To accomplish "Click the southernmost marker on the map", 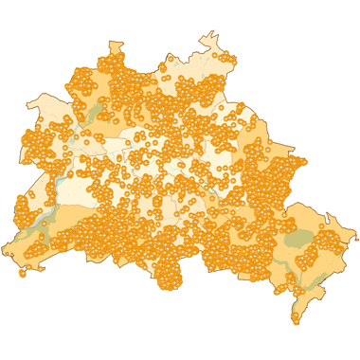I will (x=296, y=321).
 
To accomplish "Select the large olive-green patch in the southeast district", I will (x=299, y=239).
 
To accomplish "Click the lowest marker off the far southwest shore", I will (x=23, y=275).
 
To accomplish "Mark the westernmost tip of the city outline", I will (x=3, y=252).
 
